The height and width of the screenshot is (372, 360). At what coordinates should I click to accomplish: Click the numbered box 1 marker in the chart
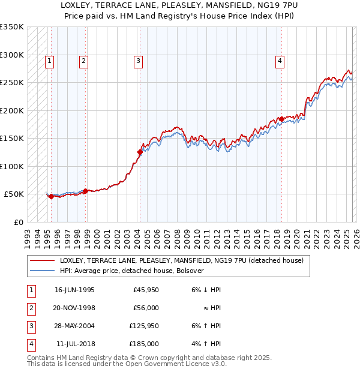coord(49,60)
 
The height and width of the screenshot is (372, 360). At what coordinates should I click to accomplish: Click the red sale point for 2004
coord(140,152)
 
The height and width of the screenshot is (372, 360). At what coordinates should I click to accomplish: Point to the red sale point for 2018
coord(281,119)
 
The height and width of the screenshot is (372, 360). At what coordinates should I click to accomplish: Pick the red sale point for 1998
coord(85,191)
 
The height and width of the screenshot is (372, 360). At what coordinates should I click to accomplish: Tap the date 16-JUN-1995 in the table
coord(74,290)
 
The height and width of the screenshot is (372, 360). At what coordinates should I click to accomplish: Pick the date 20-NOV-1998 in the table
coord(74,308)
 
